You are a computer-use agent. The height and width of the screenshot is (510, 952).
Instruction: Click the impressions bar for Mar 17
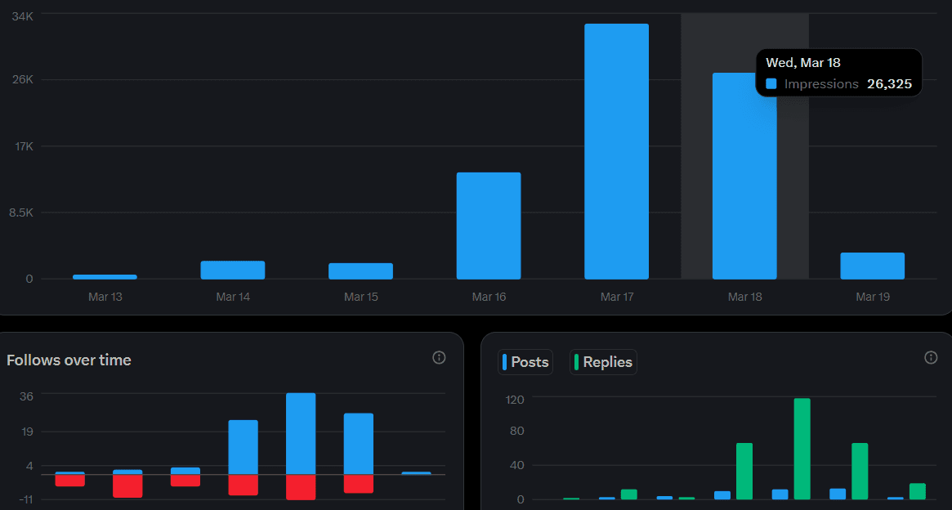pyautogui.click(x=616, y=151)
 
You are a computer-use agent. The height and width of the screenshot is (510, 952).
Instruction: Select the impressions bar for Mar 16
pyautogui.click(x=489, y=226)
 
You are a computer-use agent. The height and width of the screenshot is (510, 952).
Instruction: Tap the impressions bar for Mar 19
pyautogui.click(x=872, y=266)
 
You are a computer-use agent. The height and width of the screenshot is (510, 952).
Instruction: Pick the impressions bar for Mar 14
pyautogui.click(x=233, y=270)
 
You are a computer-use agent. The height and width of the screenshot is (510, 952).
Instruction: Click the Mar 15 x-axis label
pyautogui.click(x=360, y=297)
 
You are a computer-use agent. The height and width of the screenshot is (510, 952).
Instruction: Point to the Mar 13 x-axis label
pyautogui.click(x=105, y=297)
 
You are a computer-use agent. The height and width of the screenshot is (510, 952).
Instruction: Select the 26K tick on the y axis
pyautogui.click(x=22, y=80)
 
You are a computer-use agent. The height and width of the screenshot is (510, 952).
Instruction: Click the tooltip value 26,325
pyautogui.click(x=889, y=84)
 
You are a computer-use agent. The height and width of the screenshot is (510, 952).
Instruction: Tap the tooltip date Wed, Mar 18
pyautogui.click(x=803, y=62)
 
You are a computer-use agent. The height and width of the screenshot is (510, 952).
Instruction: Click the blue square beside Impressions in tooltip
pyautogui.click(x=771, y=84)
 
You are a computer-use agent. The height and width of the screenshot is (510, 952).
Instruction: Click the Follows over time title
pyautogui.click(x=69, y=360)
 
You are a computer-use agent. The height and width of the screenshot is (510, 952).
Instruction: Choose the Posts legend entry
pyautogui.click(x=525, y=362)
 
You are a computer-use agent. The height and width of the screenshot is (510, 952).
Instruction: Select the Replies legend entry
pyautogui.click(x=603, y=362)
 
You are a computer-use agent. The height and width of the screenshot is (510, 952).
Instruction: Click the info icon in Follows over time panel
pyautogui.click(x=439, y=357)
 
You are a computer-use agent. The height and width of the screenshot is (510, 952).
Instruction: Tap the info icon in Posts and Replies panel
pyautogui.click(x=930, y=357)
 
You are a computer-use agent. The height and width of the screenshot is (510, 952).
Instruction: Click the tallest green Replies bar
pyautogui.click(x=802, y=449)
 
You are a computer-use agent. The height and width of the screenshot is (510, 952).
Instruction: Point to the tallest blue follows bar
pyautogui.click(x=301, y=433)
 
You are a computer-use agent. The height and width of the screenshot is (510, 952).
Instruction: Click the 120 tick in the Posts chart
pyautogui.click(x=514, y=399)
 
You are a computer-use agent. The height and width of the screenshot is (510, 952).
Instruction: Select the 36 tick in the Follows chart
pyautogui.click(x=26, y=396)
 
